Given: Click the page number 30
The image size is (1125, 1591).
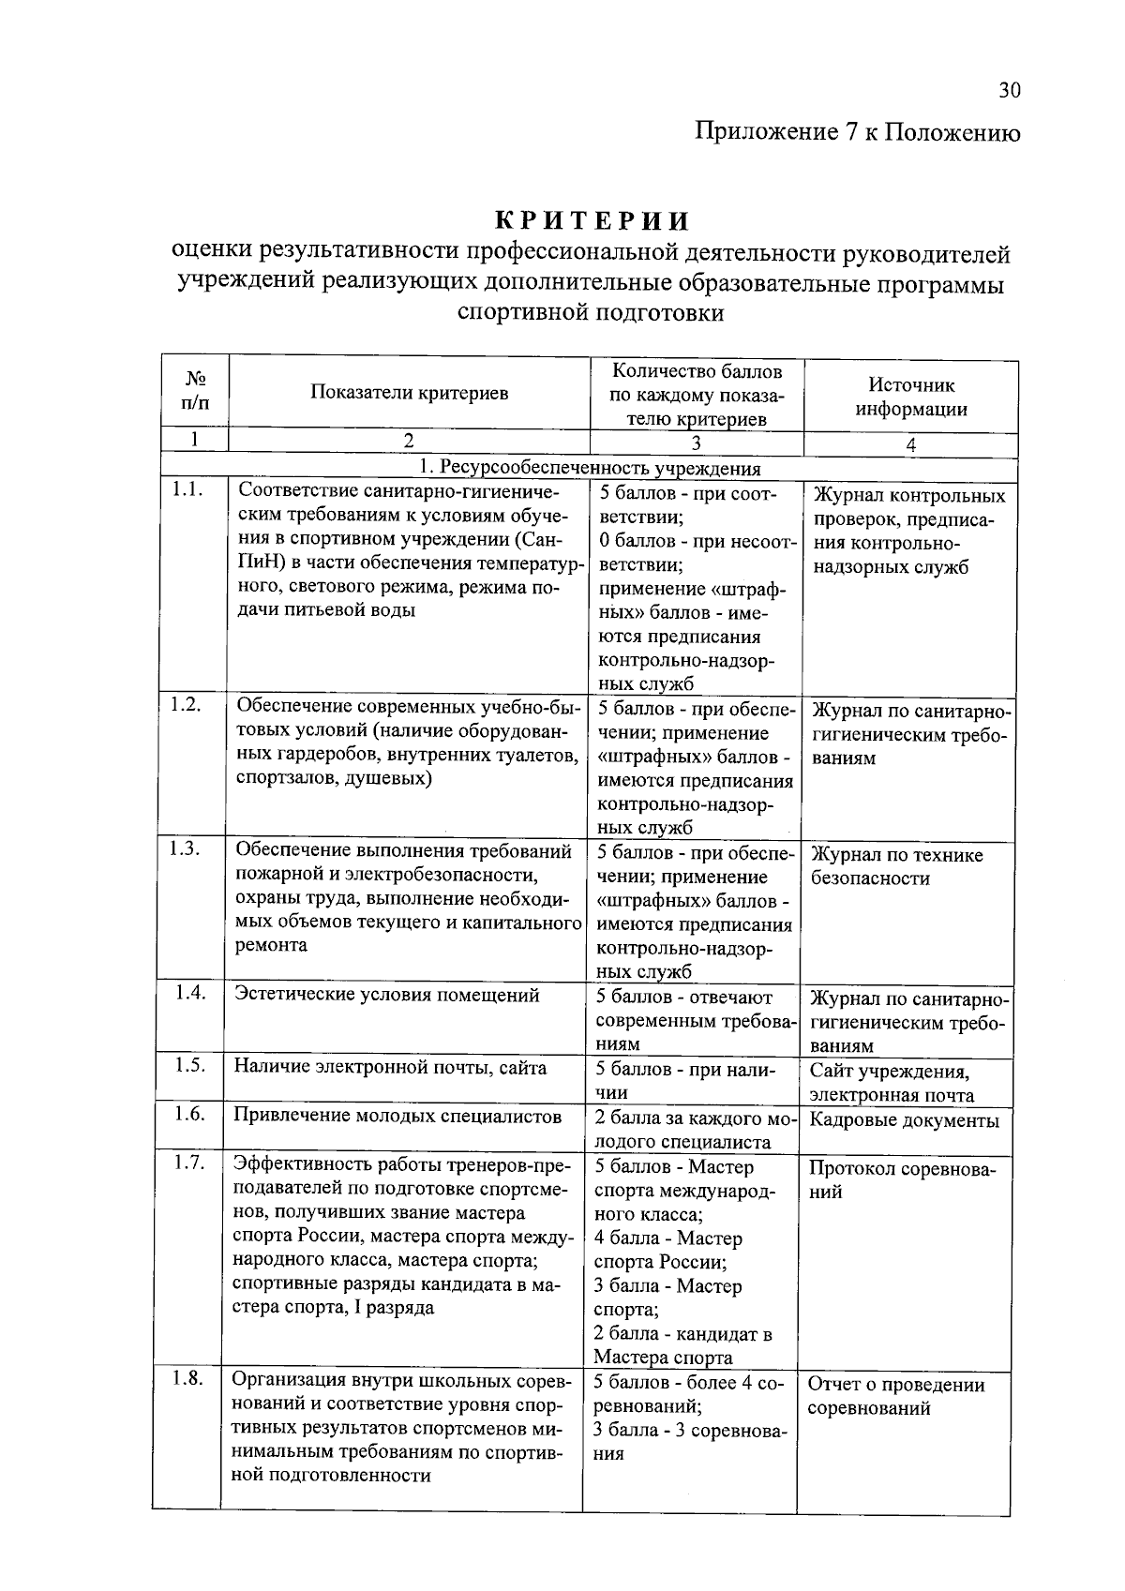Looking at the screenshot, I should click(1009, 90).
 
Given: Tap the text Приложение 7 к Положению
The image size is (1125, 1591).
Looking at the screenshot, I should click(857, 132).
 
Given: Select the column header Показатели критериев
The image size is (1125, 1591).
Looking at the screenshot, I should click(410, 393).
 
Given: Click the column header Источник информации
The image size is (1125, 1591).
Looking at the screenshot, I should click(910, 397).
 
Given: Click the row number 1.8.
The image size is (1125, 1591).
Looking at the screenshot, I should click(187, 1378).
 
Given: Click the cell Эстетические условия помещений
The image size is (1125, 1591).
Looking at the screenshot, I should click(386, 995).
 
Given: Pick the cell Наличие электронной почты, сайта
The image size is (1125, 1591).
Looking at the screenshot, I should click(390, 1067).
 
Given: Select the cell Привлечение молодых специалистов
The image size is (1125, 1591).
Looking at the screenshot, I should click(397, 1116).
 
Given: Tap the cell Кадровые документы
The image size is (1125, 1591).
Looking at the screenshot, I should click(904, 1120).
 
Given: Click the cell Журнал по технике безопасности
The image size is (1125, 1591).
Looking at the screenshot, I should click(896, 866).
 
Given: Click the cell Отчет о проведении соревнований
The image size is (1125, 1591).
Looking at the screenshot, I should click(895, 1396).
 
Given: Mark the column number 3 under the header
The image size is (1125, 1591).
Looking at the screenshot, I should click(696, 444).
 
